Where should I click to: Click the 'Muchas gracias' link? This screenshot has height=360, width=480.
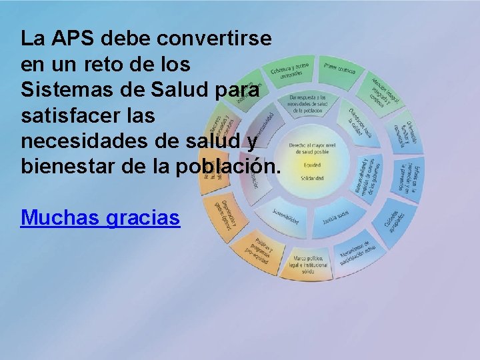coord(101,217)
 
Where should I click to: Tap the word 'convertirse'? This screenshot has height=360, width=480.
coord(214,38)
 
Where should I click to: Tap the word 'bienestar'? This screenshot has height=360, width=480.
coord(72,167)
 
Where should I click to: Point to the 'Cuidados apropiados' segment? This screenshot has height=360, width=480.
coord(393,219)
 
